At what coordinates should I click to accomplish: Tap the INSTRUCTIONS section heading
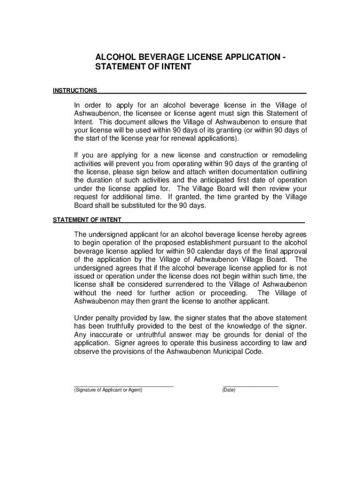click(75, 90)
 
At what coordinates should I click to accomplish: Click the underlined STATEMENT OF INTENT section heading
click(87, 219)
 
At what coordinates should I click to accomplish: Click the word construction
click(229, 155)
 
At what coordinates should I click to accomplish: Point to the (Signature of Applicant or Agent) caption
click(108, 390)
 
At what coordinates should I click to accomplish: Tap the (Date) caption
click(229, 390)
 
